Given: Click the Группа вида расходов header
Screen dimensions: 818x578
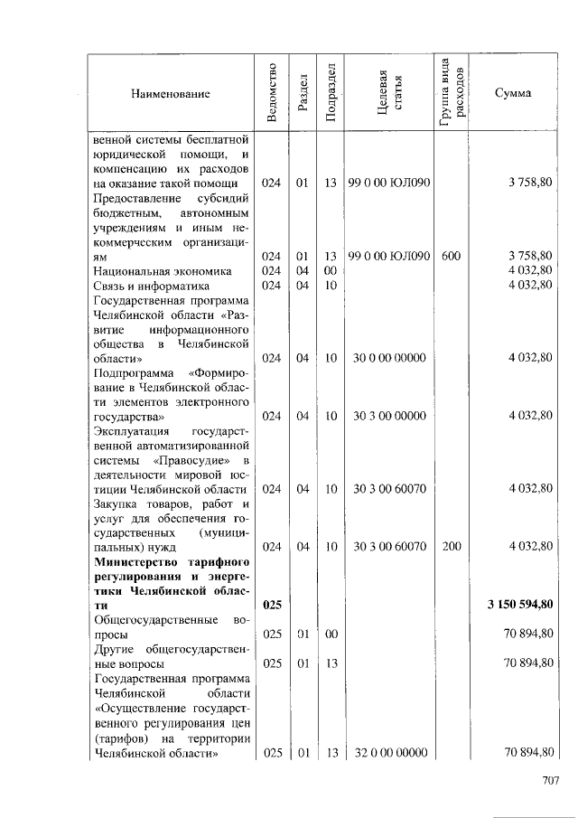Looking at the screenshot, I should coord(452,93).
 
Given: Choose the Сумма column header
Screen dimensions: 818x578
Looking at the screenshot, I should coord(513,93).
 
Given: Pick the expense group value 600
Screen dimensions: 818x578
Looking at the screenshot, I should coord(452,257).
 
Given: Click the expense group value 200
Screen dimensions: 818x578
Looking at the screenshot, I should coord(452,546).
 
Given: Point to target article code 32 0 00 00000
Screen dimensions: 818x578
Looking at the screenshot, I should coord(388,752).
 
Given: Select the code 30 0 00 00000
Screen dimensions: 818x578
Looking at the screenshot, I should coord(388,358).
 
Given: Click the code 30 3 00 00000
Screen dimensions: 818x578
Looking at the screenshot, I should coord(388,417).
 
